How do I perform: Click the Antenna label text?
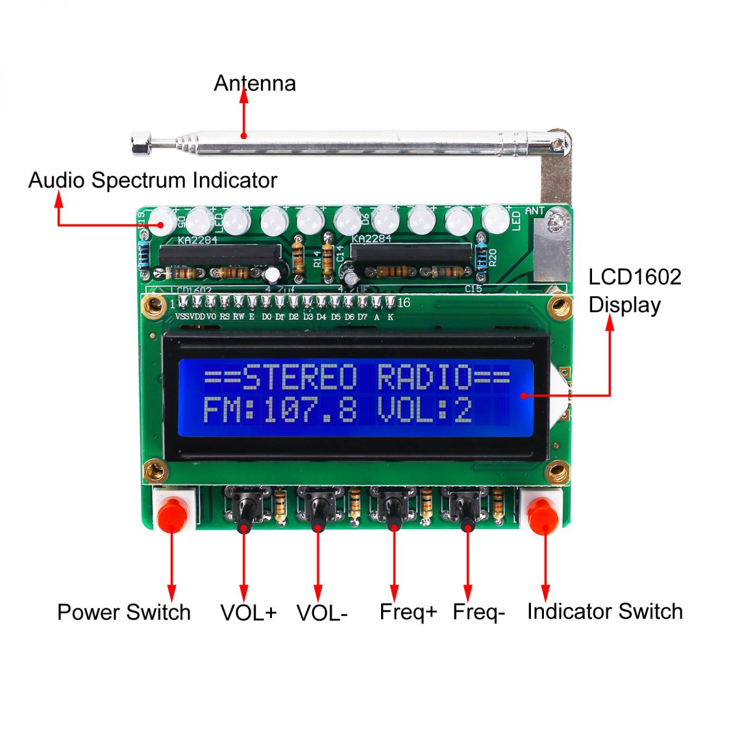click(255, 83)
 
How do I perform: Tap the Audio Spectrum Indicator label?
click(152, 180)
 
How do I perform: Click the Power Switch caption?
click(124, 612)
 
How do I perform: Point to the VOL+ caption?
click(249, 613)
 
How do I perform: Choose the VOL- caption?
click(322, 613)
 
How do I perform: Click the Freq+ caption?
click(408, 612)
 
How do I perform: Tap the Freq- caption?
click(479, 612)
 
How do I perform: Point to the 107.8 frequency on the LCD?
click(310, 410)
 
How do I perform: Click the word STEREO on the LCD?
click(299, 377)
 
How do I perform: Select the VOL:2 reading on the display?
click(424, 410)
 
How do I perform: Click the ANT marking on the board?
click(534, 211)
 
